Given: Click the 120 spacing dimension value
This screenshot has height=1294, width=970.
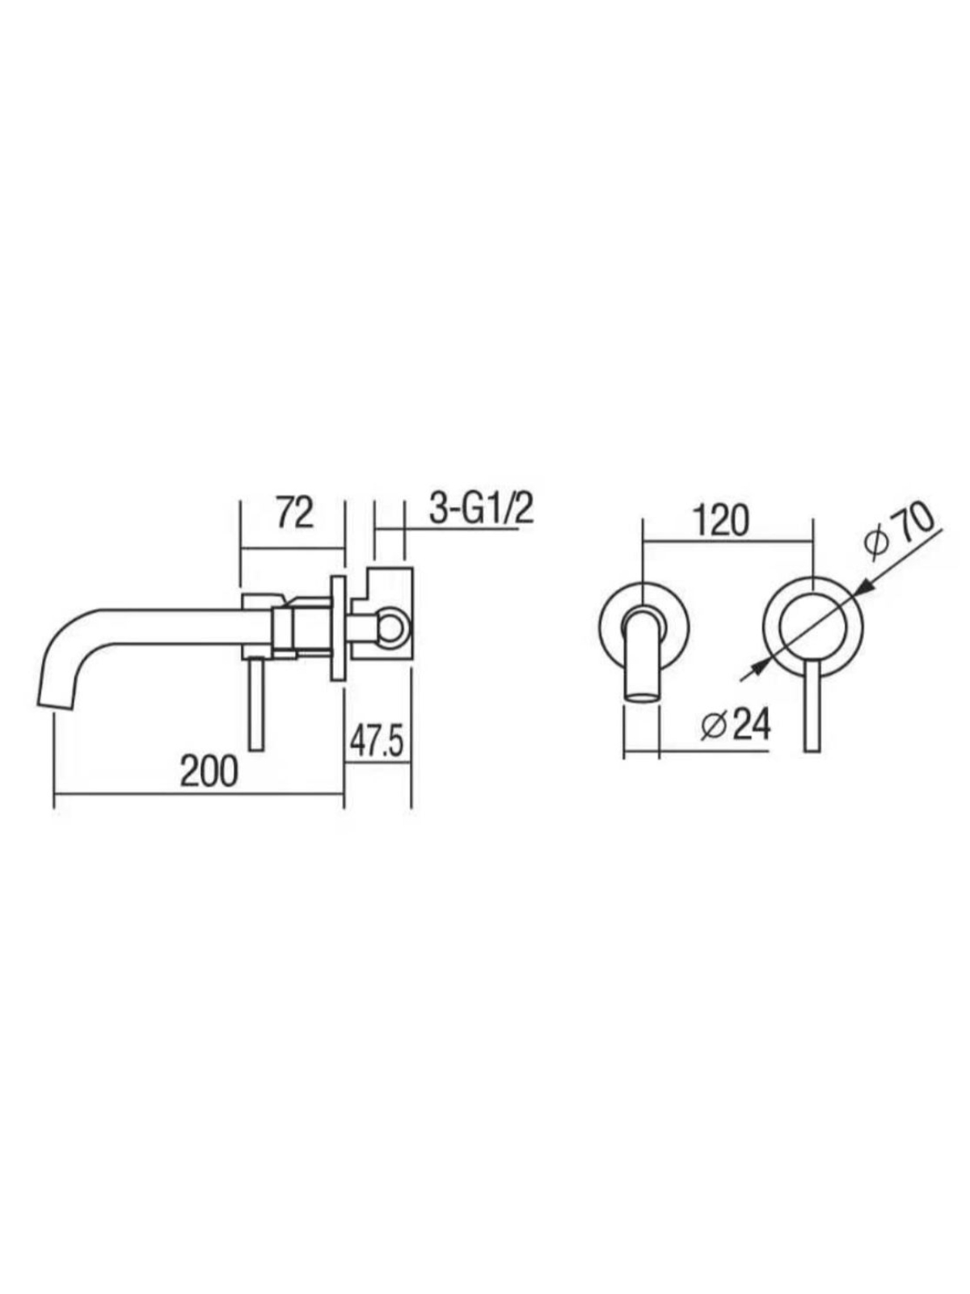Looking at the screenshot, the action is (x=721, y=521).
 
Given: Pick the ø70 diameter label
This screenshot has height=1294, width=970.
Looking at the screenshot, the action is (x=900, y=530).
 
